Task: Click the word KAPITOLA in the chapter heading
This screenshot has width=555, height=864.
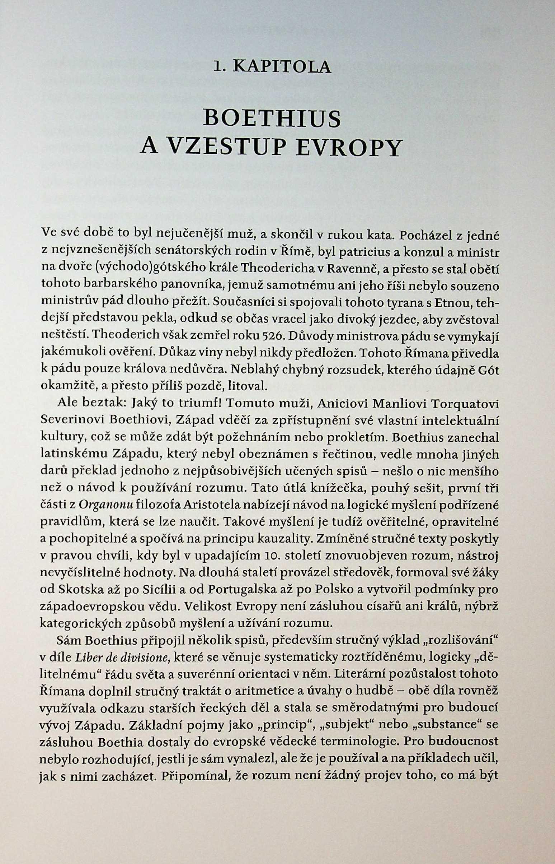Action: pyautogui.click(x=282, y=67)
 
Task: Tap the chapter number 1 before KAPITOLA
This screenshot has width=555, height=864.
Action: pyautogui.click(x=217, y=67)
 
